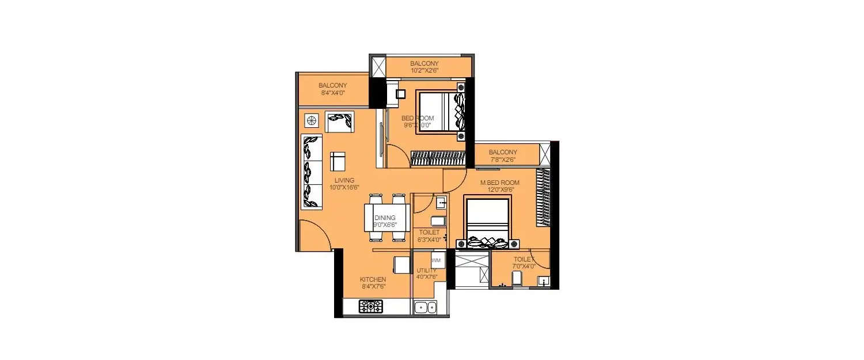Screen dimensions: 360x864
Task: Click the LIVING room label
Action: point(342,180)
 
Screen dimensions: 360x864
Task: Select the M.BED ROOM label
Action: point(500,183)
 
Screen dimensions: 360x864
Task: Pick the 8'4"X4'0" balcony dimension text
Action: point(332,92)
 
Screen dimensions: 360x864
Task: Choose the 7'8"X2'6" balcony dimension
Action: point(503,160)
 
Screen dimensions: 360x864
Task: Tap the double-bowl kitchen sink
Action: point(425,307)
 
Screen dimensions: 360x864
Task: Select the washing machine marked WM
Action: point(436,260)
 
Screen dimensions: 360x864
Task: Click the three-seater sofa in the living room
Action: point(312,172)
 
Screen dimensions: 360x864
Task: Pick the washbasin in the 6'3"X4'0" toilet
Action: point(441,202)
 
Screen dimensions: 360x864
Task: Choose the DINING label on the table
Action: point(385,218)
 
